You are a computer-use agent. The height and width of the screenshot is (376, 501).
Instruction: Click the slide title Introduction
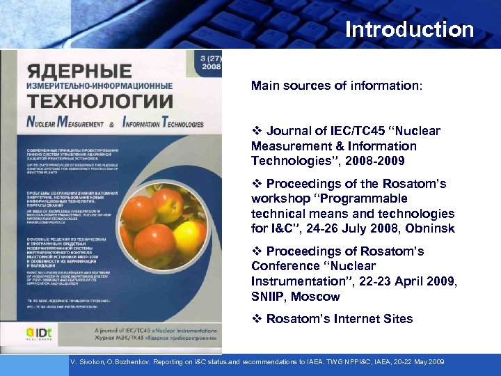click(x=409, y=30)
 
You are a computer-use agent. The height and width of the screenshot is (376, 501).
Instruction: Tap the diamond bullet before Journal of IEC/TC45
click(x=256, y=131)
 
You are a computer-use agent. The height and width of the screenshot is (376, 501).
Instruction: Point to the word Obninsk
click(x=431, y=228)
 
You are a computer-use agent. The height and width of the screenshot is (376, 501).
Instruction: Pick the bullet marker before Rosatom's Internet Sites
click(x=256, y=319)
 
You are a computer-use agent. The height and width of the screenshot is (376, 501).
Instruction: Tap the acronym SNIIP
click(x=267, y=297)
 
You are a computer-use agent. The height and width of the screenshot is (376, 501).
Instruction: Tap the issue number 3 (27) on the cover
click(x=211, y=58)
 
